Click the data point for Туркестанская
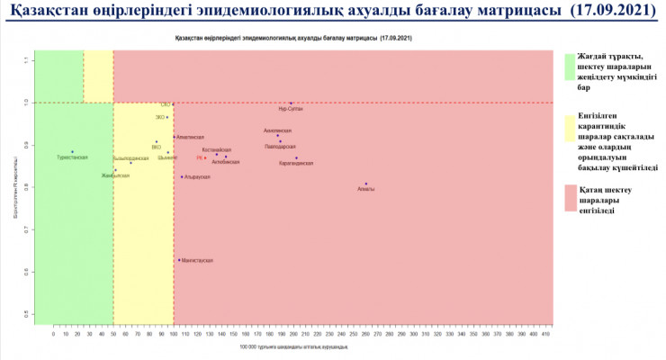(x=72, y=152)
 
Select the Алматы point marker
(x=366, y=184)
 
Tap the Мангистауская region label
(x=197, y=260)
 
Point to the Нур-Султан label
(x=291, y=109)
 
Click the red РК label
(x=199, y=158)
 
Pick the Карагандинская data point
(x=296, y=158)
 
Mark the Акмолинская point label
(x=277, y=130)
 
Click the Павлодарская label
(x=280, y=146)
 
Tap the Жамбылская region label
(x=115, y=175)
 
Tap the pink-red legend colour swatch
(x=569, y=198)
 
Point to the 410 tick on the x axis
(x=545, y=334)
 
